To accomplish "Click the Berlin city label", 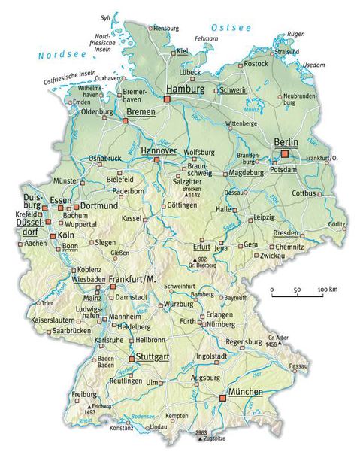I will click(x=285, y=142).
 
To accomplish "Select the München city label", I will click(x=246, y=393).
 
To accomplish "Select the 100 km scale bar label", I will click(x=326, y=290).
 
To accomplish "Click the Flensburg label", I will click(x=168, y=29).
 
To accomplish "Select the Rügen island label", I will click(x=297, y=34).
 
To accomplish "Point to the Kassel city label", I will click(x=132, y=218).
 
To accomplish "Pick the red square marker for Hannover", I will click(x=159, y=160).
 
